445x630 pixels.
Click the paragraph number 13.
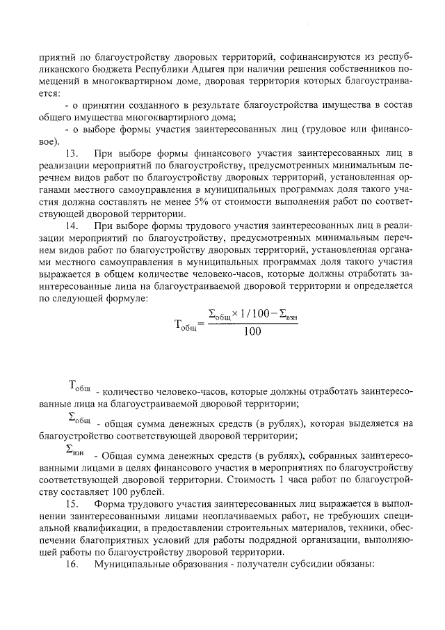pyautogui.click(x=71, y=152)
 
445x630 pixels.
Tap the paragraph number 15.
pyautogui.click(x=71, y=503)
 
